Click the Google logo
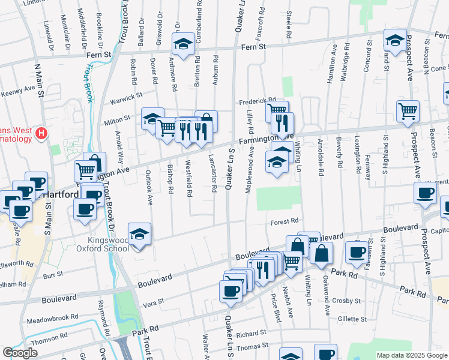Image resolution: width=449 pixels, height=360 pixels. [x=20, y=353]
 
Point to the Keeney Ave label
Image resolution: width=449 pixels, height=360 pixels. [x=18, y=90]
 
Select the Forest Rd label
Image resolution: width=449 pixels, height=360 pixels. [x=285, y=221]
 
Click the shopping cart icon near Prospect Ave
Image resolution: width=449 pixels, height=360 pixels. [x=408, y=110]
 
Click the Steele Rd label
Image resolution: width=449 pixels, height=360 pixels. [x=289, y=25]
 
